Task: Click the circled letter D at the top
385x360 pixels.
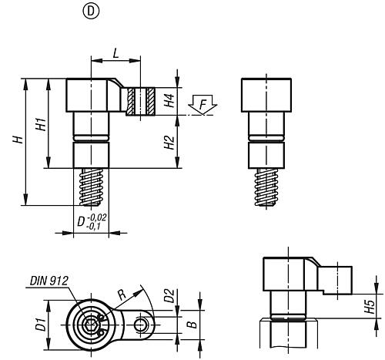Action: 91,12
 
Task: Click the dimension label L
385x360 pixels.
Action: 116,53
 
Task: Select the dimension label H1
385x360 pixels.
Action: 41,124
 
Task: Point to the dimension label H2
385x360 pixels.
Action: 169,143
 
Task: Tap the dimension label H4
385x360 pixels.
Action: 169,100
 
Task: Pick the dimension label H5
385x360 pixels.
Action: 370,307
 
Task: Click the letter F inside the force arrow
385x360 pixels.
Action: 203,105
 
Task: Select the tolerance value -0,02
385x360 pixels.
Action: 97,217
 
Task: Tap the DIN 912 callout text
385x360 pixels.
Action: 49,281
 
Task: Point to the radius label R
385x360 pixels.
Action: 122,294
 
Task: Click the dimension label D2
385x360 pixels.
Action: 169,296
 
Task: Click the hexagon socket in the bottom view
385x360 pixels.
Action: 91,325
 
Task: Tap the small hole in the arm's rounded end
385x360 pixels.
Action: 140,325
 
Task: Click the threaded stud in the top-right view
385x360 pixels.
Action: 266,187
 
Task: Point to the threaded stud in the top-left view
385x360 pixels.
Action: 91,187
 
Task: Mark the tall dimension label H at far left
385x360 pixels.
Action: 18,140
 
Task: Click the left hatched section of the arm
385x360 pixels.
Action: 131,101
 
